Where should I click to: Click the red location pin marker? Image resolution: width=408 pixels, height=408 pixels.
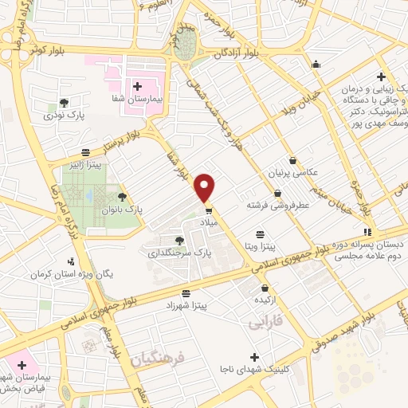(x=205, y=186)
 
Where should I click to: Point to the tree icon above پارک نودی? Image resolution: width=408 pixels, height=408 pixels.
(x=64, y=103)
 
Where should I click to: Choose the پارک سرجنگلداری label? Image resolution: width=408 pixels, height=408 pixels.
(x=174, y=253)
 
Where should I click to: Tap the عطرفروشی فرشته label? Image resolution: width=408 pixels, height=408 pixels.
(x=277, y=206)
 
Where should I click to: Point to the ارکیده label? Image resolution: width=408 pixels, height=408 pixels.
(x=265, y=302)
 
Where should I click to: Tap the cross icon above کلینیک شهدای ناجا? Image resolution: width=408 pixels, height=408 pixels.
(x=254, y=356)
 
